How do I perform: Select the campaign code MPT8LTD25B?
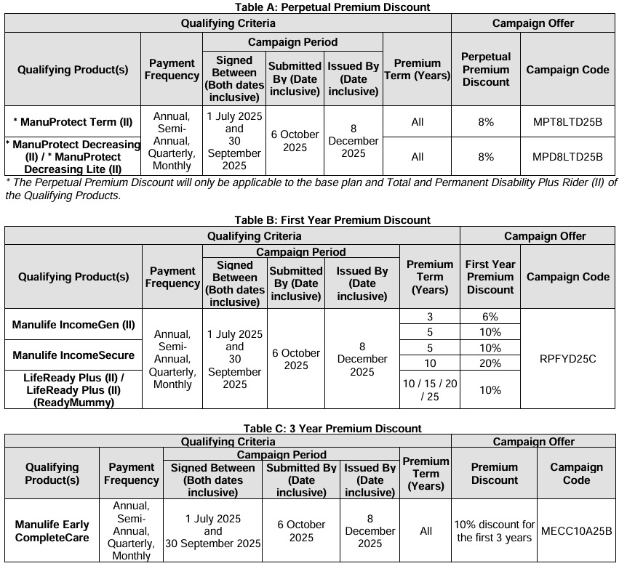pos(567,122)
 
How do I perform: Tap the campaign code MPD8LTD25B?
pos(567,157)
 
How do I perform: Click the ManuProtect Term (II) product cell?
pos(73,122)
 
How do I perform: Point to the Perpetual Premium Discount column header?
pos(485,70)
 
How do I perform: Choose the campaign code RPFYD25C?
pos(567,359)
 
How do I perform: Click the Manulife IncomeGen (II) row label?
pos(73,325)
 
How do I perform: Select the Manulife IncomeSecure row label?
pos(73,355)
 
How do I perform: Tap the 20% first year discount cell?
pos(490,363)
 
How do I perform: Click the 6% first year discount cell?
pos(490,317)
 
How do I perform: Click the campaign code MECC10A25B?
pos(577,530)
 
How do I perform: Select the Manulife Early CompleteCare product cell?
pos(52,531)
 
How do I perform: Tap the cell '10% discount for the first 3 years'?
pos(495,531)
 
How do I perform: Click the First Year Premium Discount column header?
pos(490,277)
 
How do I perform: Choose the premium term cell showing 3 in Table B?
pos(429,317)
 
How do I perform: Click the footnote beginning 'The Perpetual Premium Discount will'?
pos(309,188)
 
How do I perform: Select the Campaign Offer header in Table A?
pos(532,23)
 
